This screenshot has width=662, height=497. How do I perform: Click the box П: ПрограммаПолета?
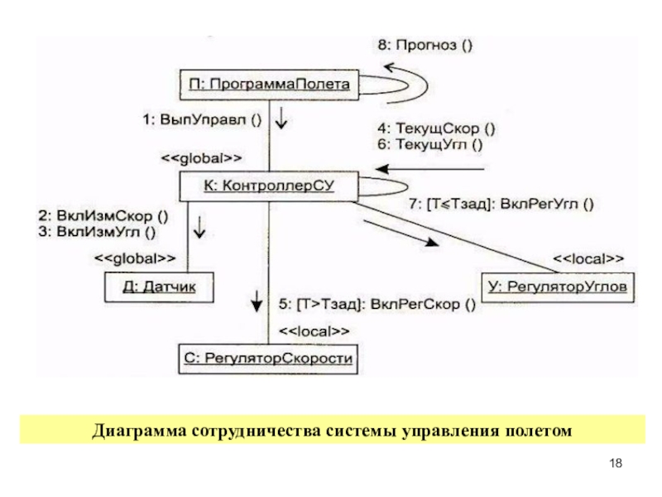coord(270,85)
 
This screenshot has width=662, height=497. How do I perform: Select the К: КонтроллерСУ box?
coord(269,186)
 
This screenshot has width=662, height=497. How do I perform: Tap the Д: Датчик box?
coord(159,287)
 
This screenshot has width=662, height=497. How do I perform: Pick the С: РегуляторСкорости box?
coord(268,359)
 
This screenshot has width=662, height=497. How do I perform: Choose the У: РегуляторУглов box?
coord(558,287)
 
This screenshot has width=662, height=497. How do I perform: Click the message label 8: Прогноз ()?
coord(425,45)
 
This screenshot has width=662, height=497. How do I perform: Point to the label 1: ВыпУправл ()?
coord(202,119)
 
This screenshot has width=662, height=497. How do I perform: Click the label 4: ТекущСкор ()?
coord(436,128)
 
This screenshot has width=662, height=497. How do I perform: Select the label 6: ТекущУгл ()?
coord(429,144)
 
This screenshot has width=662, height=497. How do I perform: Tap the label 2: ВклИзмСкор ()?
coord(103,216)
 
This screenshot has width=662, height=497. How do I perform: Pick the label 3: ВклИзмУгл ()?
coord(97,232)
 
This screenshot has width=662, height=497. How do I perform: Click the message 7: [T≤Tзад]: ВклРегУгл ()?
coord(501,204)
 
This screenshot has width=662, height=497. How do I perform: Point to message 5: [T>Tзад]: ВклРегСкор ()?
coord(377,304)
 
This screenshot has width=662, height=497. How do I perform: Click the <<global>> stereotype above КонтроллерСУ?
coord(202,158)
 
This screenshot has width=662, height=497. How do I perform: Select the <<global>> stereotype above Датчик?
coord(135,258)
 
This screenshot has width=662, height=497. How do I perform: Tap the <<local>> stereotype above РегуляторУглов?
coord(588,258)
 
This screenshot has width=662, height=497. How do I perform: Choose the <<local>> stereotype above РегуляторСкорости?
coord(314,331)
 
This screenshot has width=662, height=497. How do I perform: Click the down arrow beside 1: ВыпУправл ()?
coord(281,117)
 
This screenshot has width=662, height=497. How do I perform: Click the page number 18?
coord(616,463)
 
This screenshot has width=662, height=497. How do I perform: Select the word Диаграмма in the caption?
coord(139,431)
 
